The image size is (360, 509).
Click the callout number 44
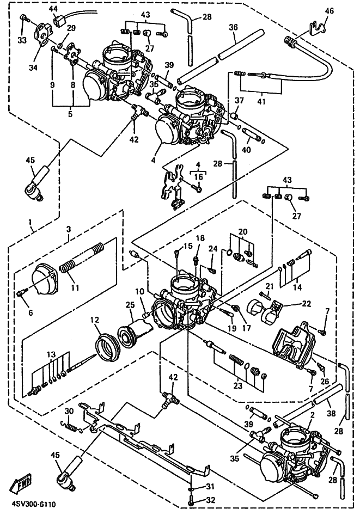53,9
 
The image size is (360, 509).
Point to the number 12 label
95,320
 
